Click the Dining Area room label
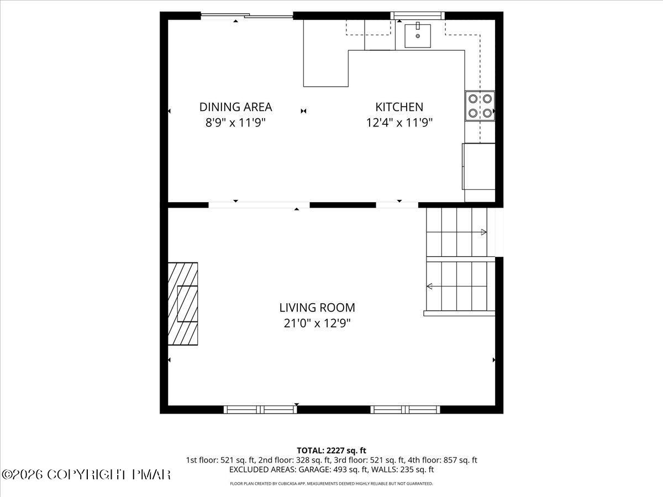tap(236, 107)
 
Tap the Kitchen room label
tap(399, 107)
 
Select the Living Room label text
tap(317, 308)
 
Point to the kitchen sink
tap(418, 35)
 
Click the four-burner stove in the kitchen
tap(479, 105)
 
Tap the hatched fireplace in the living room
tap(183, 304)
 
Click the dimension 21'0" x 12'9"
tap(317, 323)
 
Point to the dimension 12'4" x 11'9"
tap(399, 123)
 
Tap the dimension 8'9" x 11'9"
tap(236, 123)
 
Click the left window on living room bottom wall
tap(260, 409)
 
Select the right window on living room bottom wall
tap(406, 409)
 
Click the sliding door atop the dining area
tap(246, 16)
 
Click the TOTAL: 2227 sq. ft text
tap(331, 451)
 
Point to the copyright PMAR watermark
tap(86, 474)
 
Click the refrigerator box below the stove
tap(478, 166)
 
